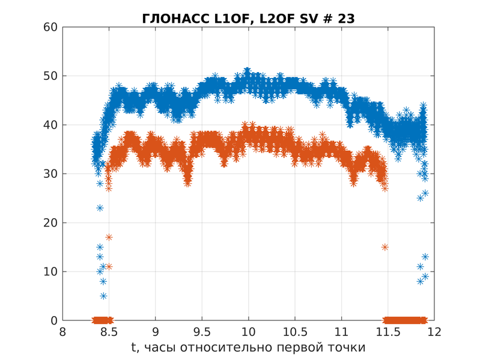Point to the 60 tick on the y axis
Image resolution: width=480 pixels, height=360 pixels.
coord(50,27)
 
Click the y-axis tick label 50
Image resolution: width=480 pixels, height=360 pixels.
coord(50,76)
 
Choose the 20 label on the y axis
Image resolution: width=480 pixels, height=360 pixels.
coord(50,223)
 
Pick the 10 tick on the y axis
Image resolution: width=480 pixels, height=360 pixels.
coord(50,272)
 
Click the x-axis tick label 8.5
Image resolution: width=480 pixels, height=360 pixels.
coord(109,332)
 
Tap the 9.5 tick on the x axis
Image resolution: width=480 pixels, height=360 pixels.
coord(202,332)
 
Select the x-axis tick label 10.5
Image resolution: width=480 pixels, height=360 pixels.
coord(295,332)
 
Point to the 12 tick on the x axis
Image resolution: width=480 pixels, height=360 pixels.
coord(434,332)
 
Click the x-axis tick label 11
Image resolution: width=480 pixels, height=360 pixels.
coord(341,332)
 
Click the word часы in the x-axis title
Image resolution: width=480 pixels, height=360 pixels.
coord(160,348)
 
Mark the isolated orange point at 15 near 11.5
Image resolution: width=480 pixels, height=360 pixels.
coord(384,247)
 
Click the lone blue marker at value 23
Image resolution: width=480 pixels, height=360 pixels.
coord(100,208)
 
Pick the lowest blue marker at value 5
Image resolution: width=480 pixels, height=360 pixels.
coord(103,296)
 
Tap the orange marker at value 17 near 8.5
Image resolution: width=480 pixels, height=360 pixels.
coord(109,237)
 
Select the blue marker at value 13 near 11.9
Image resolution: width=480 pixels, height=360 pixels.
coord(425,257)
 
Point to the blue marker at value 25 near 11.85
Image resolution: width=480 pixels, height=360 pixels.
coord(421,198)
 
